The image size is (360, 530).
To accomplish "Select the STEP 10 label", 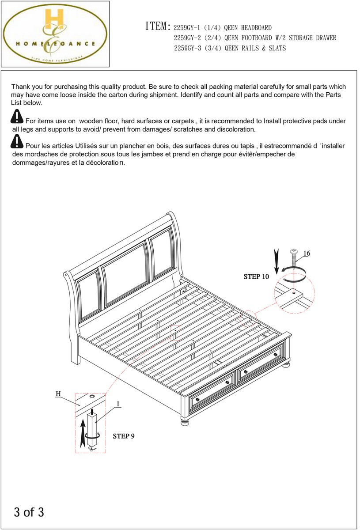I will point(256,277).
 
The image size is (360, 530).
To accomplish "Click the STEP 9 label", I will point(124,436).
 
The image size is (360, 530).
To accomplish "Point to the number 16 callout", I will point(307,254).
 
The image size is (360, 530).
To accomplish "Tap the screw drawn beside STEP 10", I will point(293,261).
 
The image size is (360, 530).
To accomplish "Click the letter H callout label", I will point(58,393).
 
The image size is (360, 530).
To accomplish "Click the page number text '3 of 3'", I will point(29,512).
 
